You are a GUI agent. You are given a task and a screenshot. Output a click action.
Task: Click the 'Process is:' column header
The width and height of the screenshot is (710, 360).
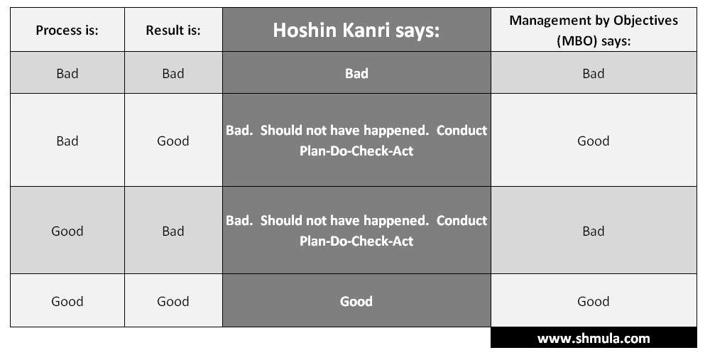coord(67,30)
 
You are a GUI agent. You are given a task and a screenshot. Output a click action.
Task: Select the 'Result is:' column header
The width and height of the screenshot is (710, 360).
coord(173,30)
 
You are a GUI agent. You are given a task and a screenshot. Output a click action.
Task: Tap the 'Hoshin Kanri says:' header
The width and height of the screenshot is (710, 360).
coord(356,31)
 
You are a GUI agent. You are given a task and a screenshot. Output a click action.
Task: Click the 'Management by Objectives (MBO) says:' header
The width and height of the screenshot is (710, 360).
coord(594,31)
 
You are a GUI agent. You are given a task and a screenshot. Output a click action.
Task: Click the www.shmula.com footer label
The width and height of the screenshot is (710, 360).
coord(594,338)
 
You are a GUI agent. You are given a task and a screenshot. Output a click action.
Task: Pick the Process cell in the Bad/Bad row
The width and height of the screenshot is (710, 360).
coord(67,73)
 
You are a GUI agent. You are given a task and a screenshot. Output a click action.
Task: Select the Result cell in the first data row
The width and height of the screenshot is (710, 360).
coord(173,73)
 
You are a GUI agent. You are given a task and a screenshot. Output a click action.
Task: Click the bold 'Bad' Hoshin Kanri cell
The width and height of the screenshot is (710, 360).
coord(356,73)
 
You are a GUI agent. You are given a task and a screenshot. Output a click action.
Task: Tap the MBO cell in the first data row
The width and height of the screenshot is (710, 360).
coord(594,73)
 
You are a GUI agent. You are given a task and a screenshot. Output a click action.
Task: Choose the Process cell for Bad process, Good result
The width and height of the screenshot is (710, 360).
coord(67,141)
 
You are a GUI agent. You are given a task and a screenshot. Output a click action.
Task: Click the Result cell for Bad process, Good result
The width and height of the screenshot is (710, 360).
coord(173,141)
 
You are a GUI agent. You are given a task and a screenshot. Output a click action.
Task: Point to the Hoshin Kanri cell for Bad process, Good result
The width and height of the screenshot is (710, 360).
coord(356,141)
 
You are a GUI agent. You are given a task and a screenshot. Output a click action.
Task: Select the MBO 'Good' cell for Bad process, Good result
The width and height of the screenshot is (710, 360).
coord(594,141)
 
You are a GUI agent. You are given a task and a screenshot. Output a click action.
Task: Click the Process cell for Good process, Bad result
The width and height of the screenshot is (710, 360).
coord(67,231)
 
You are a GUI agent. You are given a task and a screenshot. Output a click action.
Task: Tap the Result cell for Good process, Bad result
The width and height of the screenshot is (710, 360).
coord(173,231)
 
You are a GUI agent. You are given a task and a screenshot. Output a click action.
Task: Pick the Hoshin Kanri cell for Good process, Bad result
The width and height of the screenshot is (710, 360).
coord(356,231)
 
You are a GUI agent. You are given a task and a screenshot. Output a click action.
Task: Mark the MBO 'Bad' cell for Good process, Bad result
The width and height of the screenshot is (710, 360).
coord(594,231)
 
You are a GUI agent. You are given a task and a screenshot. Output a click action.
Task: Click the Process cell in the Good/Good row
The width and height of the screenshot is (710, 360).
coord(67,301)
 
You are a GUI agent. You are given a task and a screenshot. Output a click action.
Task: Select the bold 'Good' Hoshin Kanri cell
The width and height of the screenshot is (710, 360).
coord(356,301)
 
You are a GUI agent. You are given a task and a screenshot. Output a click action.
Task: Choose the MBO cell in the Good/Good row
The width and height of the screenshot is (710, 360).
coord(594,301)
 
